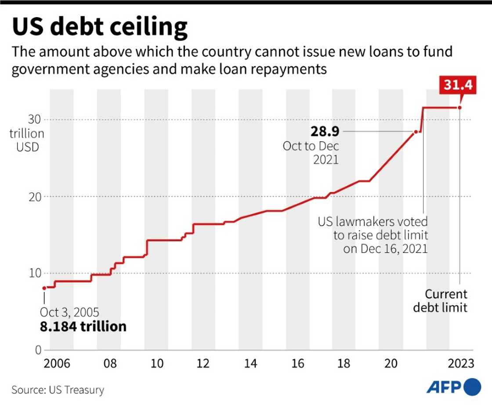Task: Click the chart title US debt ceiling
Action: point(100,27)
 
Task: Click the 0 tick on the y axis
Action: point(38,351)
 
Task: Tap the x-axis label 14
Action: point(251,364)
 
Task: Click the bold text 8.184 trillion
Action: point(83,326)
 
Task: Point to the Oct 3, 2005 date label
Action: point(69,312)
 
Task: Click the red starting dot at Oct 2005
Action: point(44,288)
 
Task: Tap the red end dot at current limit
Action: point(459,107)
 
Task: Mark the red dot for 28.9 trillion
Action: point(415,132)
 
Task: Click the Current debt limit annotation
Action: point(441,301)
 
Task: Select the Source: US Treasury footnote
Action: point(58,390)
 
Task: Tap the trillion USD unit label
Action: point(27,140)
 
